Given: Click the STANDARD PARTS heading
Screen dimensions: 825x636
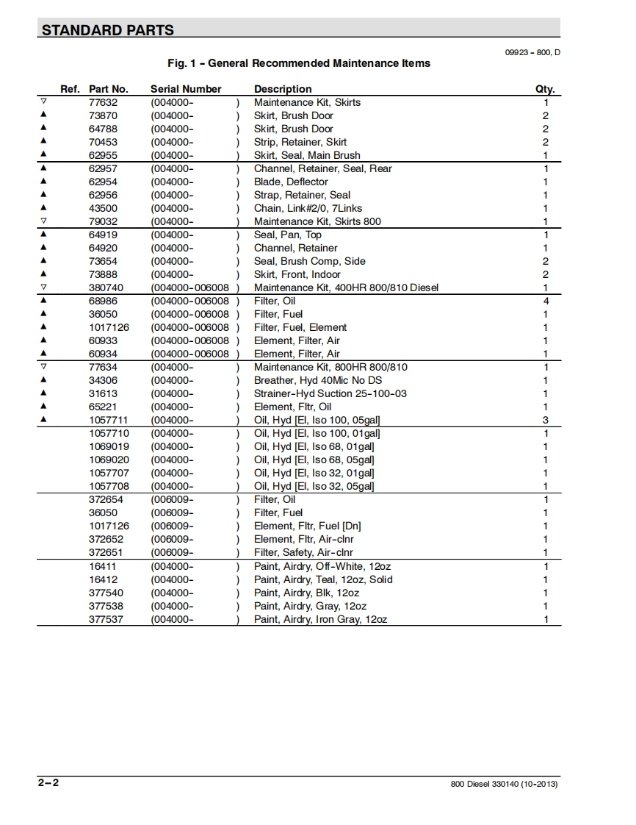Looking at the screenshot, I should coord(108,30).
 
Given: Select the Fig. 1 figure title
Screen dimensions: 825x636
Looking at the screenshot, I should coord(299,63).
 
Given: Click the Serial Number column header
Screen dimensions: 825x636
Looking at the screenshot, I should coord(186,89).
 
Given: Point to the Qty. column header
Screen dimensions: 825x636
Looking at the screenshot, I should coord(545,89).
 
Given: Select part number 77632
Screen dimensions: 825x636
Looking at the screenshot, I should coord(103,102).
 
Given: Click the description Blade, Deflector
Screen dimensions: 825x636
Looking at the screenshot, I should coord(291,182).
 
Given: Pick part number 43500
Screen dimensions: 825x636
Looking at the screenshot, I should coord(103,208).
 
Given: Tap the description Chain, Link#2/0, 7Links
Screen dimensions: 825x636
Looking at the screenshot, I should coord(308,208).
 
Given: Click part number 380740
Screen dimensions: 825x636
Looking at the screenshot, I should coord(106,287).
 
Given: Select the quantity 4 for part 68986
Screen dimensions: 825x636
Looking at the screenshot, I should coord(546,301).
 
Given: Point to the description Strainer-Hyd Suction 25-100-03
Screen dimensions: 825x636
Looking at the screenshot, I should coord(330,393).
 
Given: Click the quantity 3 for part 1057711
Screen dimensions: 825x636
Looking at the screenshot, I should coord(546,420).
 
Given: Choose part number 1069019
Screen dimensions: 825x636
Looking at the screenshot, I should coord(109,446).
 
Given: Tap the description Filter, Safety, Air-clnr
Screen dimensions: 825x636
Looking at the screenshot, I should coord(303,552).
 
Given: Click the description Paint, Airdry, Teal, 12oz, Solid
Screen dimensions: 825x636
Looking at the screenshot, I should coord(323,579).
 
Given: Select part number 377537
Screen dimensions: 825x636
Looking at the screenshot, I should coord(106,619).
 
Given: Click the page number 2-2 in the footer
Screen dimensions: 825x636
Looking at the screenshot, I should coord(48,782).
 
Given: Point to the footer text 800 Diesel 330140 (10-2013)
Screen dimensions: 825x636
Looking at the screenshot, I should coord(504,784).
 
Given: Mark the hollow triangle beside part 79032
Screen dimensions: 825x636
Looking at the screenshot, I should coord(43,221).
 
